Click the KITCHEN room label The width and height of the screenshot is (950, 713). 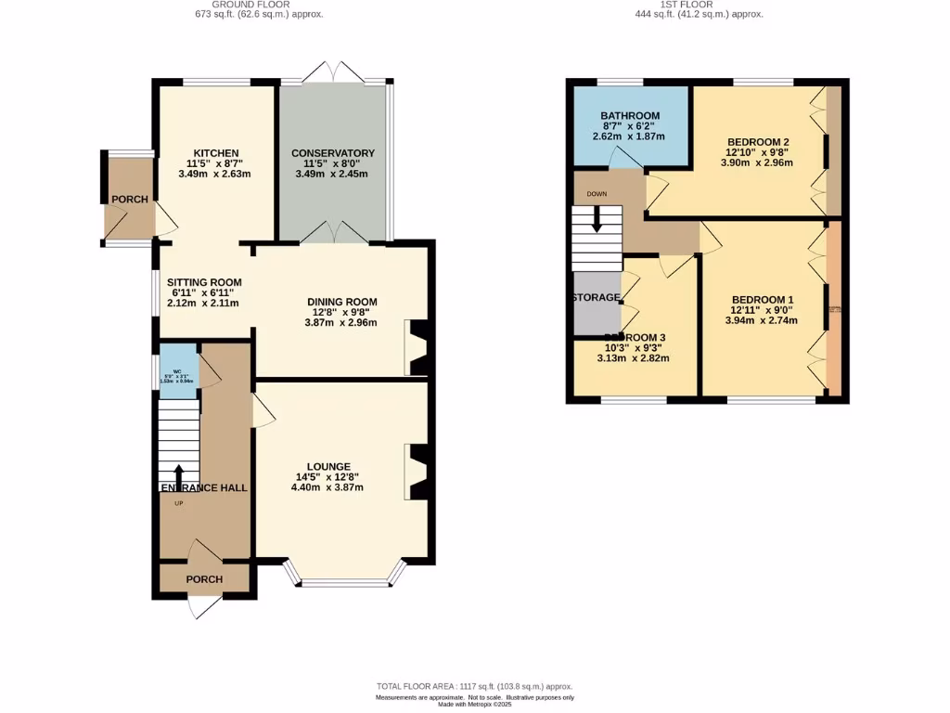pyautogui.click(x=216, y=153)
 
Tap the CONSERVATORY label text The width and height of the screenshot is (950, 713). pyautogui.click(x=332, y=153)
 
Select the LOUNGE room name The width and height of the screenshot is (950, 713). pyautogui.click(x=329, y=466)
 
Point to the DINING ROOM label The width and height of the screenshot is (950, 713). pyautogui.click(x=342, y=302)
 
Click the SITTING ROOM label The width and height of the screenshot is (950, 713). pyautogui.click(x=204, y=282)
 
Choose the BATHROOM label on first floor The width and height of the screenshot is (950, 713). pyautogui.click(x=629, y=116)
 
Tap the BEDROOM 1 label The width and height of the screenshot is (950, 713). pyautogui.click(x=763, y=299)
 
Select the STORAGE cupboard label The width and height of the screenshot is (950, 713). pyautogui.click(x=597, y=297)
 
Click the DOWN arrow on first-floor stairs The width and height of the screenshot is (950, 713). pyautogui.click(x=597, y=219)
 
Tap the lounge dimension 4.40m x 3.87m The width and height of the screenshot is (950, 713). pyautogui.click(x=329, y=487)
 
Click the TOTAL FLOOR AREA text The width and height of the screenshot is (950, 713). pyautogui.click(x=474, y=684)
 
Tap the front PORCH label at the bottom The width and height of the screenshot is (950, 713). pyautogui.click(x=204, y=579)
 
